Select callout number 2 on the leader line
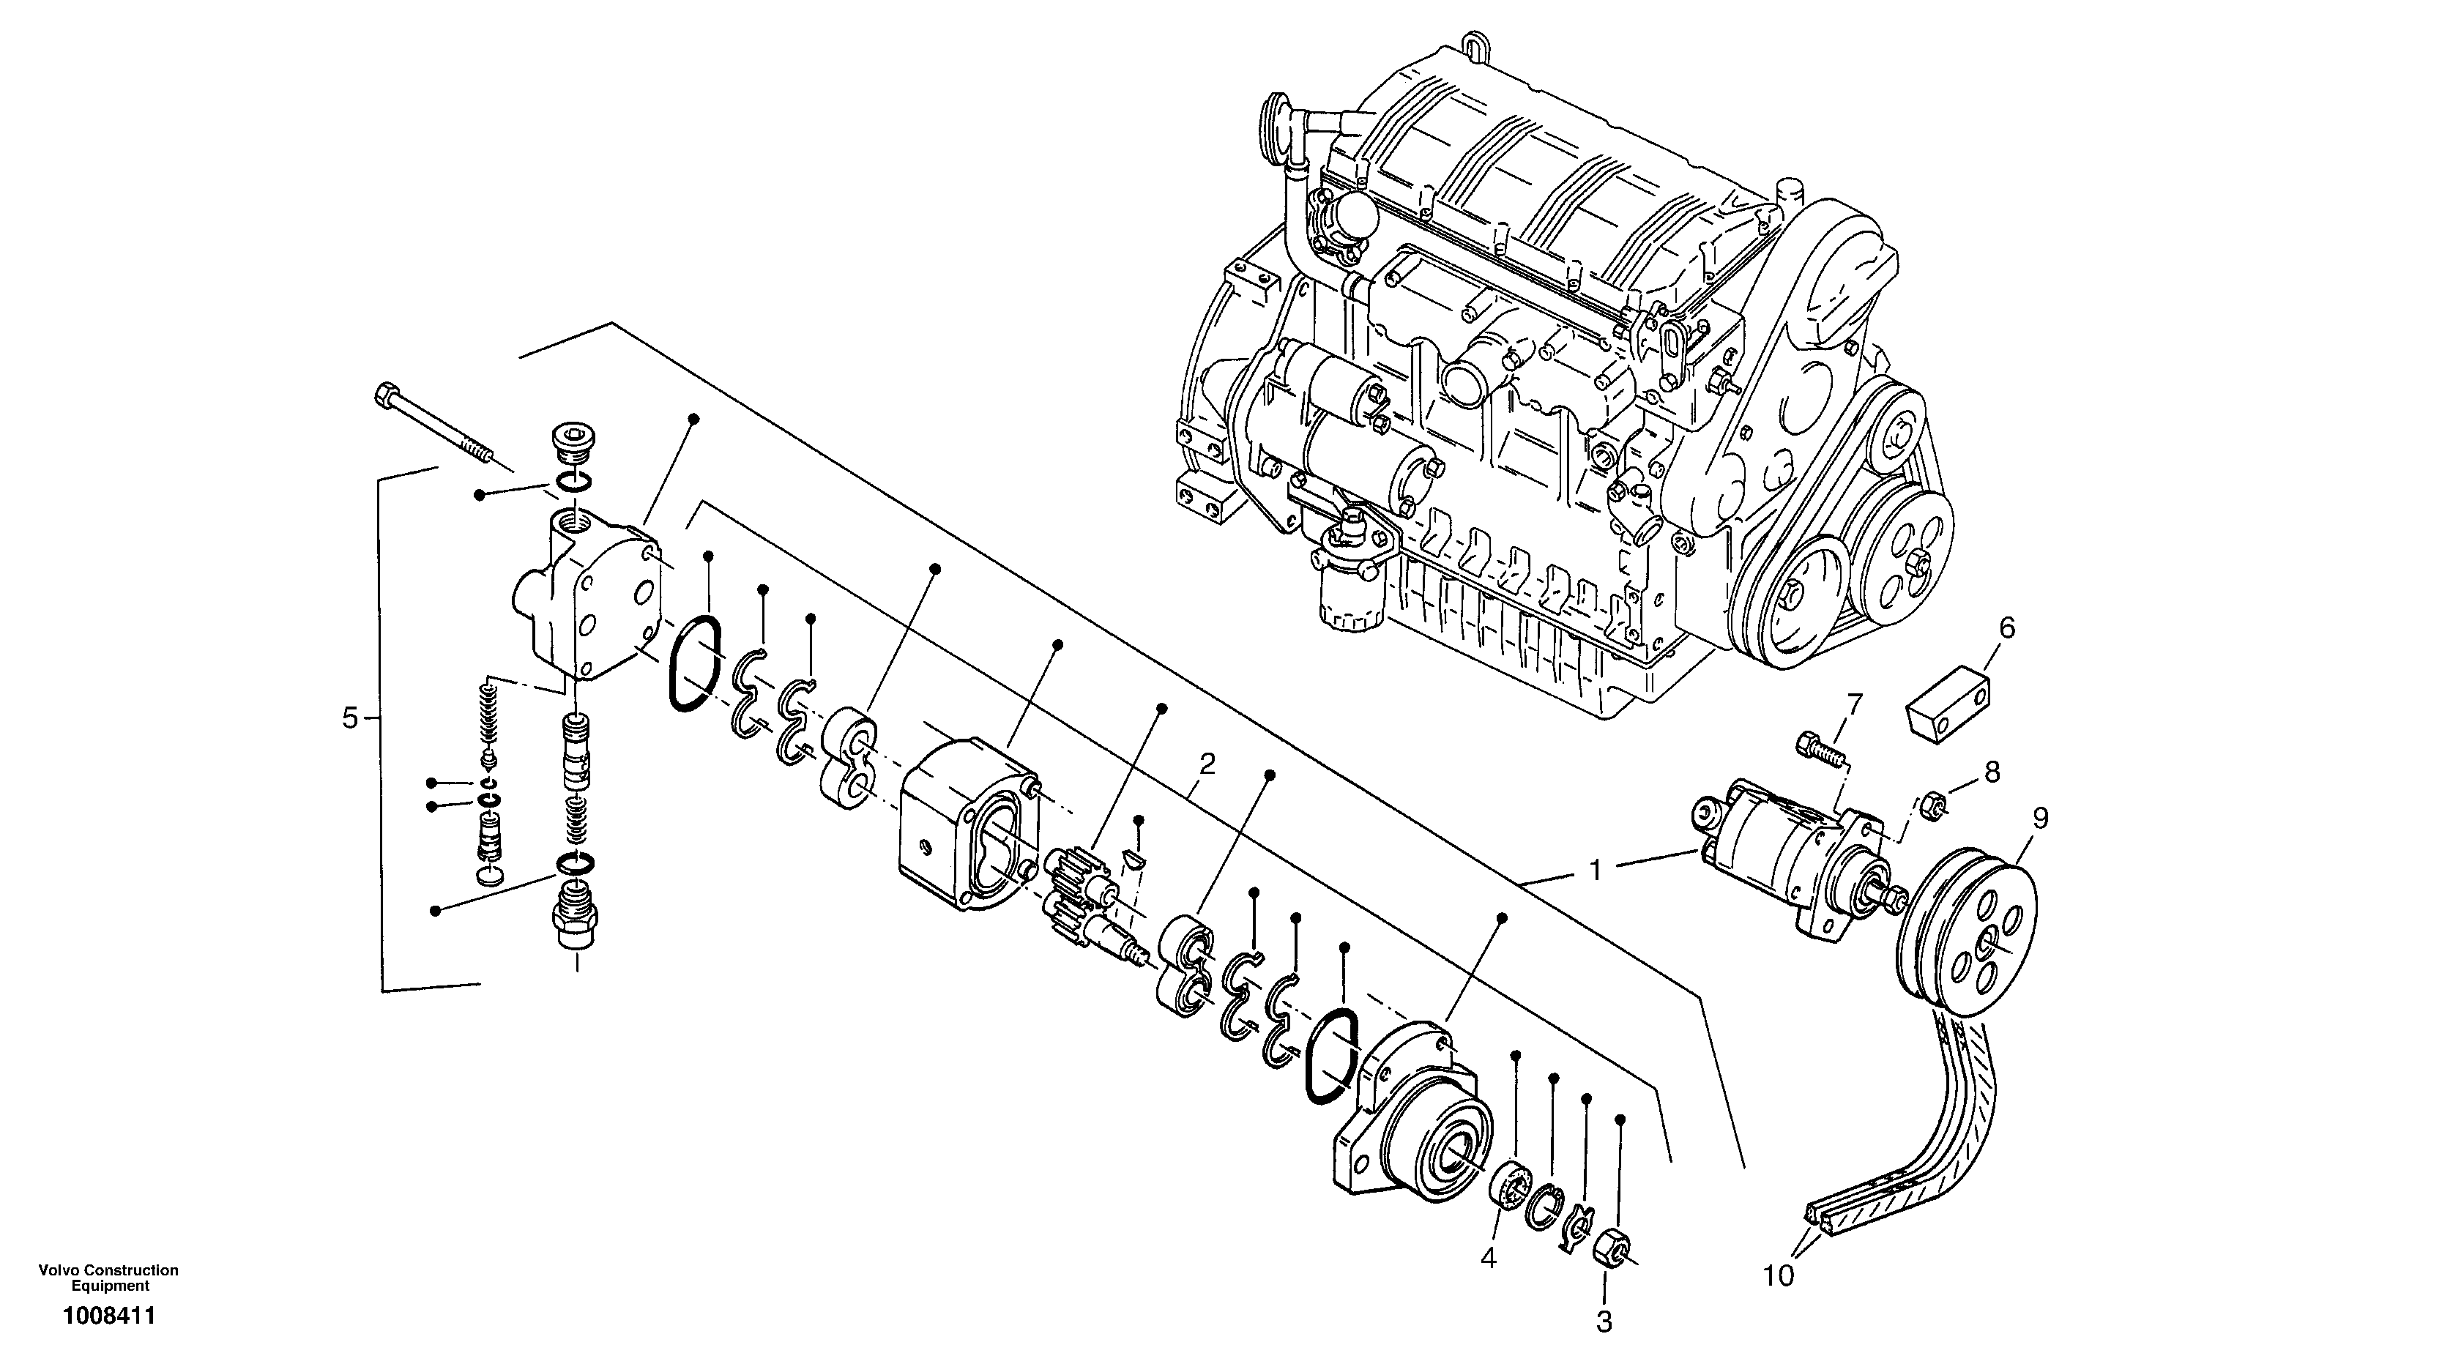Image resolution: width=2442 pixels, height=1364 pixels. [1206, 763]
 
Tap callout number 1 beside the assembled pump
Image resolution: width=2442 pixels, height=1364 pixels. [1596, 869]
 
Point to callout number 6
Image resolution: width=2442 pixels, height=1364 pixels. [2007, 627]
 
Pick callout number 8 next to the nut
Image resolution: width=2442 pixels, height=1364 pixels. [1992, 772]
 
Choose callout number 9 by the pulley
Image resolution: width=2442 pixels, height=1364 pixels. [2041, 818]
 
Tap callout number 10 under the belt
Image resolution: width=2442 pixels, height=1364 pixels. [1779, 1277]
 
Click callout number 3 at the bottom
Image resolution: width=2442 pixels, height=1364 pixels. [1604, 1322]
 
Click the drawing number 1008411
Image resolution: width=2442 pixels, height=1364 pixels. [109, 1316]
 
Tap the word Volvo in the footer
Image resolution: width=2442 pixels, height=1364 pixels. [58, 1270]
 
